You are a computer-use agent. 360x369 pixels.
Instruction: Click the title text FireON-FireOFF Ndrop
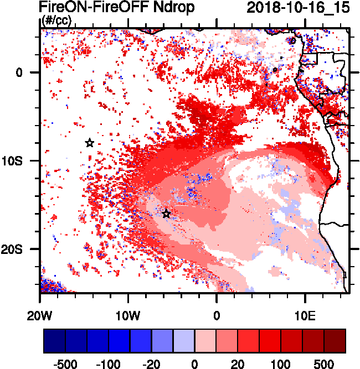point(117,8)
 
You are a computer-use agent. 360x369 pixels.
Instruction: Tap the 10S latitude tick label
point(23,161)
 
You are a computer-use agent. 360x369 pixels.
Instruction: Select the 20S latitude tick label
point(23,250)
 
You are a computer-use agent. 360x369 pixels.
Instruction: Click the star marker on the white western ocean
point(90,143)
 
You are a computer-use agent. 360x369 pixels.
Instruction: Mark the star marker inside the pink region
point(166,214)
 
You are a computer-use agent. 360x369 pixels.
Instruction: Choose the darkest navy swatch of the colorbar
point(54,341)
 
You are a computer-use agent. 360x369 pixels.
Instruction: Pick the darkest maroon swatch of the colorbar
point(335,341)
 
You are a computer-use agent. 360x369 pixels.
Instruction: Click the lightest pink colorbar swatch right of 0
point(205,341)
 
